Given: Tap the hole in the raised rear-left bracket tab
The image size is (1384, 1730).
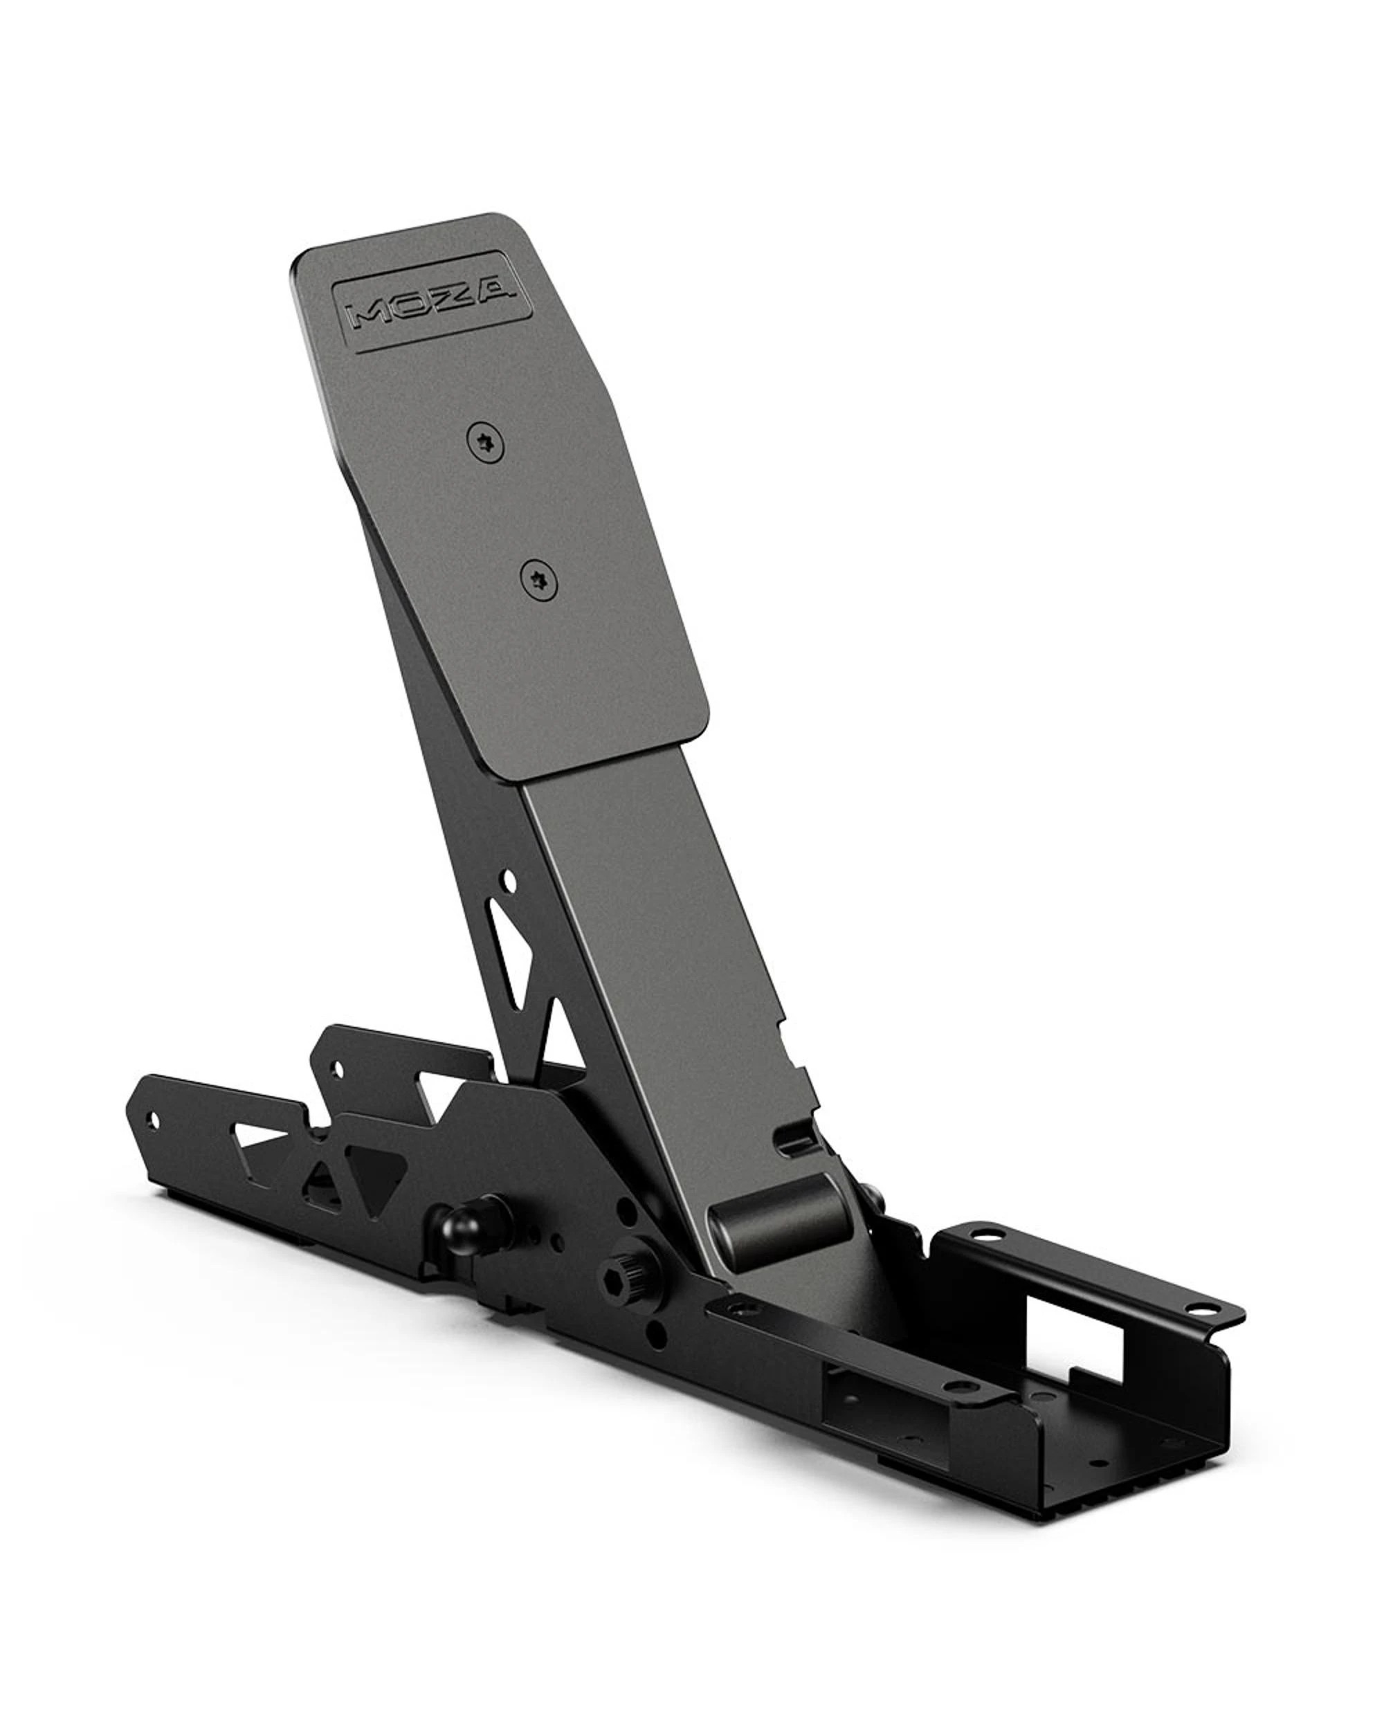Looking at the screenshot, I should [336, 1070].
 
